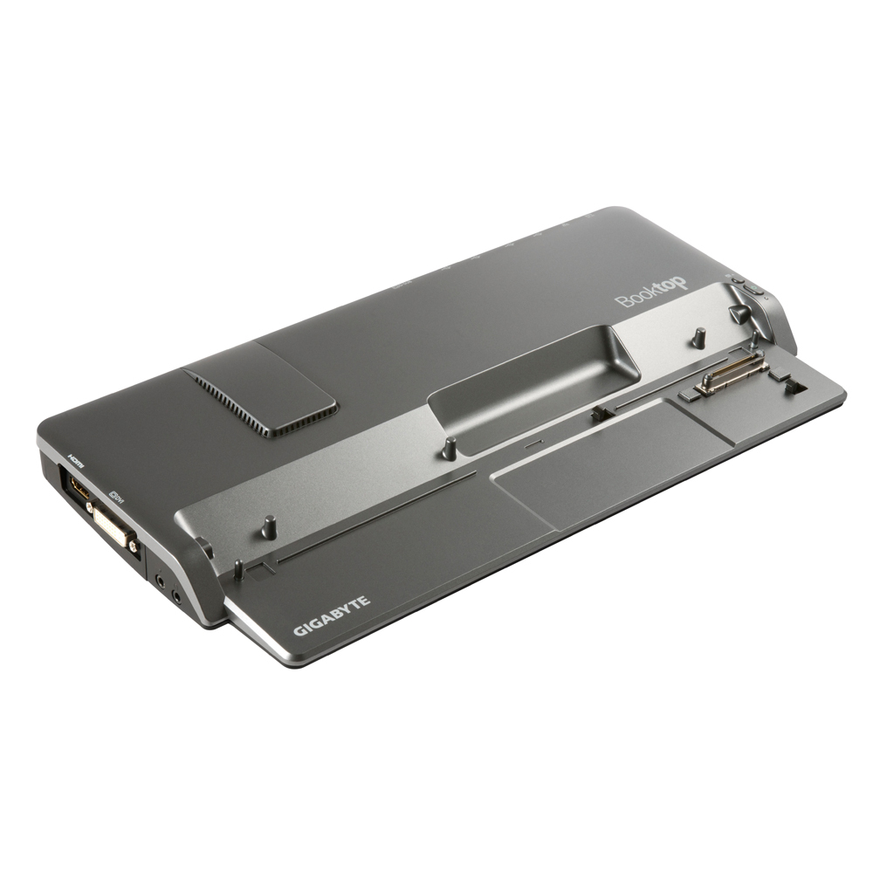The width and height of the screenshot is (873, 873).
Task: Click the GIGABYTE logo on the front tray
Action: point(332,615)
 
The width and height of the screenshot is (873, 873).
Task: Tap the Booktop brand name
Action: point(651,293)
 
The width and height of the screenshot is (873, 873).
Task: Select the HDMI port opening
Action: point(77,489)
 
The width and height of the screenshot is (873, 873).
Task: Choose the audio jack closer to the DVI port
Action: point(161,577)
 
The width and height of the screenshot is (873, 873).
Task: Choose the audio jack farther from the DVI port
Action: point(177,598)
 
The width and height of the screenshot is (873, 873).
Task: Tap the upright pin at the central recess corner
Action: point(450,449)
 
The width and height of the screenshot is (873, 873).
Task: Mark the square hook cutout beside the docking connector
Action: point(796,384)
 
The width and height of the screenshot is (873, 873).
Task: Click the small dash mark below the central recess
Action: point(533,443)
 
